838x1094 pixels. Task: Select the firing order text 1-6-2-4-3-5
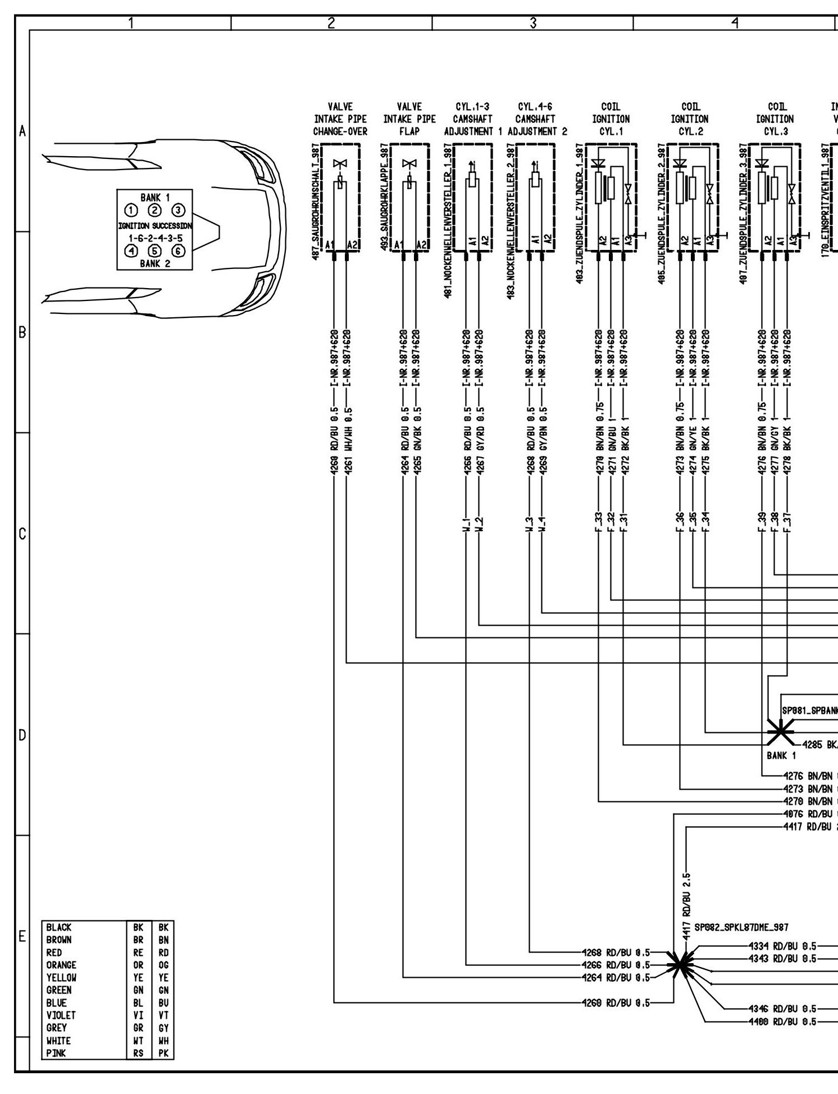pyautogui.click(x=155, y=238)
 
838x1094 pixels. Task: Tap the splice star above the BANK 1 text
pyautogui.click(x=780, y=731)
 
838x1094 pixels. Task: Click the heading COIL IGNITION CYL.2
pyautogui.click(x=689, y=119)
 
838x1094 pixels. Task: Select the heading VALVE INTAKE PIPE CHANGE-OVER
pyautogui.click(x=340, y=119)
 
